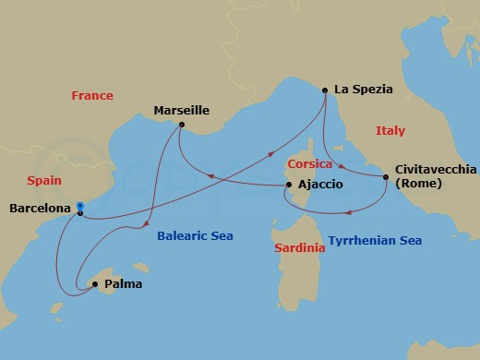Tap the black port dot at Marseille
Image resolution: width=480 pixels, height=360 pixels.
pos(182,125)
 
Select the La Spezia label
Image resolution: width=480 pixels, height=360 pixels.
pos(364,90)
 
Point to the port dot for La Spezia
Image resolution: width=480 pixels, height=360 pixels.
pos(325,90)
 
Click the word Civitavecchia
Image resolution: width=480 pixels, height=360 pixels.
pos(436,170)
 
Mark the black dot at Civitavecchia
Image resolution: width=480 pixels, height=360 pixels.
pos(386,176)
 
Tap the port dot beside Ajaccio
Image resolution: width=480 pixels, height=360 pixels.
pos(290,186)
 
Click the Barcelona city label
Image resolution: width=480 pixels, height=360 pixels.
pos(40,210)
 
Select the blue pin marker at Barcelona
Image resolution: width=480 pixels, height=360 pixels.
pos(80,207)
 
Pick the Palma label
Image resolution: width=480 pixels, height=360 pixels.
pos(124,284)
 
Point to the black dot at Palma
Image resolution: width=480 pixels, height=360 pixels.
pos(94,284)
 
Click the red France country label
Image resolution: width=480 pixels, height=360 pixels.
pos(92,96)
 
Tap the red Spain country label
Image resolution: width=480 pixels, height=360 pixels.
pos(44,183)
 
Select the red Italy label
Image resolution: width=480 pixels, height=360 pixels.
pos(390,131)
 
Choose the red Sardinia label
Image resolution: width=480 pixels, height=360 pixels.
pos(300,249)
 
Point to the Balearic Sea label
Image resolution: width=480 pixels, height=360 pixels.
pos(196,237)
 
